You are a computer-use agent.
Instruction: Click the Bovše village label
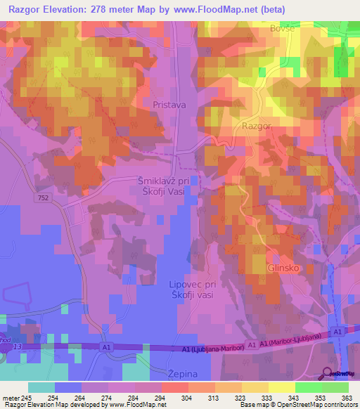click(282, 29)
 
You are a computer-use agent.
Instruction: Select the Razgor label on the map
click(256, 126)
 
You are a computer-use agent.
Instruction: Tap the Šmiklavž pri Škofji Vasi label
click(168, 186)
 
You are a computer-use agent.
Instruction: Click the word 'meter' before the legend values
click(11, 397)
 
